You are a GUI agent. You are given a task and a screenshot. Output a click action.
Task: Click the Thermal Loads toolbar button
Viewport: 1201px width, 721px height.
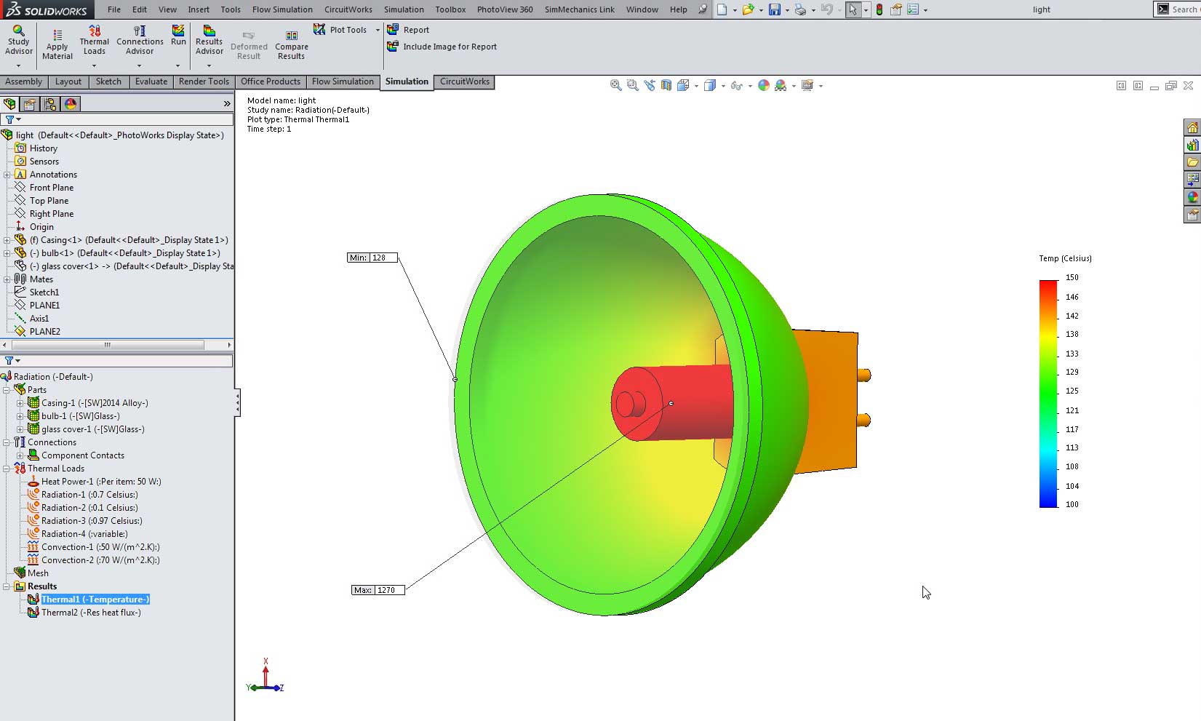tap(94, 40)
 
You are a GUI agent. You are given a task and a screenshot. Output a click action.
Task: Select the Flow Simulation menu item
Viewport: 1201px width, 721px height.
tap(282, 9)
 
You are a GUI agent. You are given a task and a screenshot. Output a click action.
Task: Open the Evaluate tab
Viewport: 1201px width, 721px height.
tap(151, 81)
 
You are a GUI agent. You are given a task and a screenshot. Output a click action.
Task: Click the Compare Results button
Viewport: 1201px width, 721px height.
tap(291, 45)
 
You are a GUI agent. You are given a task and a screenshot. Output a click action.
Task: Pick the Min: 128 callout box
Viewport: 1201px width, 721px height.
tap(372, 258)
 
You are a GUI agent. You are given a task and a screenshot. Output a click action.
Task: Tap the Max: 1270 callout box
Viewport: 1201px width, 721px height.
tap(378, 590)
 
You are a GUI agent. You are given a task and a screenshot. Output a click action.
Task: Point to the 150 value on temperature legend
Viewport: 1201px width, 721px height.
tap(1072, 277)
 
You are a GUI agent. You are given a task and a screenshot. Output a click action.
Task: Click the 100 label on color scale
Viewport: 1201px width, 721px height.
tap(1072, 504)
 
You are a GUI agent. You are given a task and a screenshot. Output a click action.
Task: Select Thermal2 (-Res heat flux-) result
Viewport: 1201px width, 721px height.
tap(91, 613)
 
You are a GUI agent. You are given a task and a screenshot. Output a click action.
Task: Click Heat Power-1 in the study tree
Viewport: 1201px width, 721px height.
tap(100, 482)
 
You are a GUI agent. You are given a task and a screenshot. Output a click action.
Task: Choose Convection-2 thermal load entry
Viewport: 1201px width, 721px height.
tap(100, 560)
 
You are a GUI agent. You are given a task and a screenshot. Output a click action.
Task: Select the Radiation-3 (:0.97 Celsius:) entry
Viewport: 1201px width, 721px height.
tap(91, 521)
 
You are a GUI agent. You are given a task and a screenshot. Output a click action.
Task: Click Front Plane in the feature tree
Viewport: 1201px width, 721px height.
tap(52, 188)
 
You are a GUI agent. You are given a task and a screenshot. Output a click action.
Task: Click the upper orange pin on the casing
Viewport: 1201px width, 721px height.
tap(863, 375)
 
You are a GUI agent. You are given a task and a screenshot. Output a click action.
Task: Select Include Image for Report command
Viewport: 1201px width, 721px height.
tap(449, 47)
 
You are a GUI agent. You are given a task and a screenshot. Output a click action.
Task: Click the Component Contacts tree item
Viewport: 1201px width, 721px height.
tap(82, 455)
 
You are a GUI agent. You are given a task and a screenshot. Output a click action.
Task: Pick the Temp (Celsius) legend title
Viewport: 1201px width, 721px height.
tap(1065, 258)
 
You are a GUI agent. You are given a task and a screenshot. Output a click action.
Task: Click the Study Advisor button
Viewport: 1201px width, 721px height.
tap(19, 40)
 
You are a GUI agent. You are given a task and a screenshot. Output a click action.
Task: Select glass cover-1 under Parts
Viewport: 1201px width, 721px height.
tap(92, 429)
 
